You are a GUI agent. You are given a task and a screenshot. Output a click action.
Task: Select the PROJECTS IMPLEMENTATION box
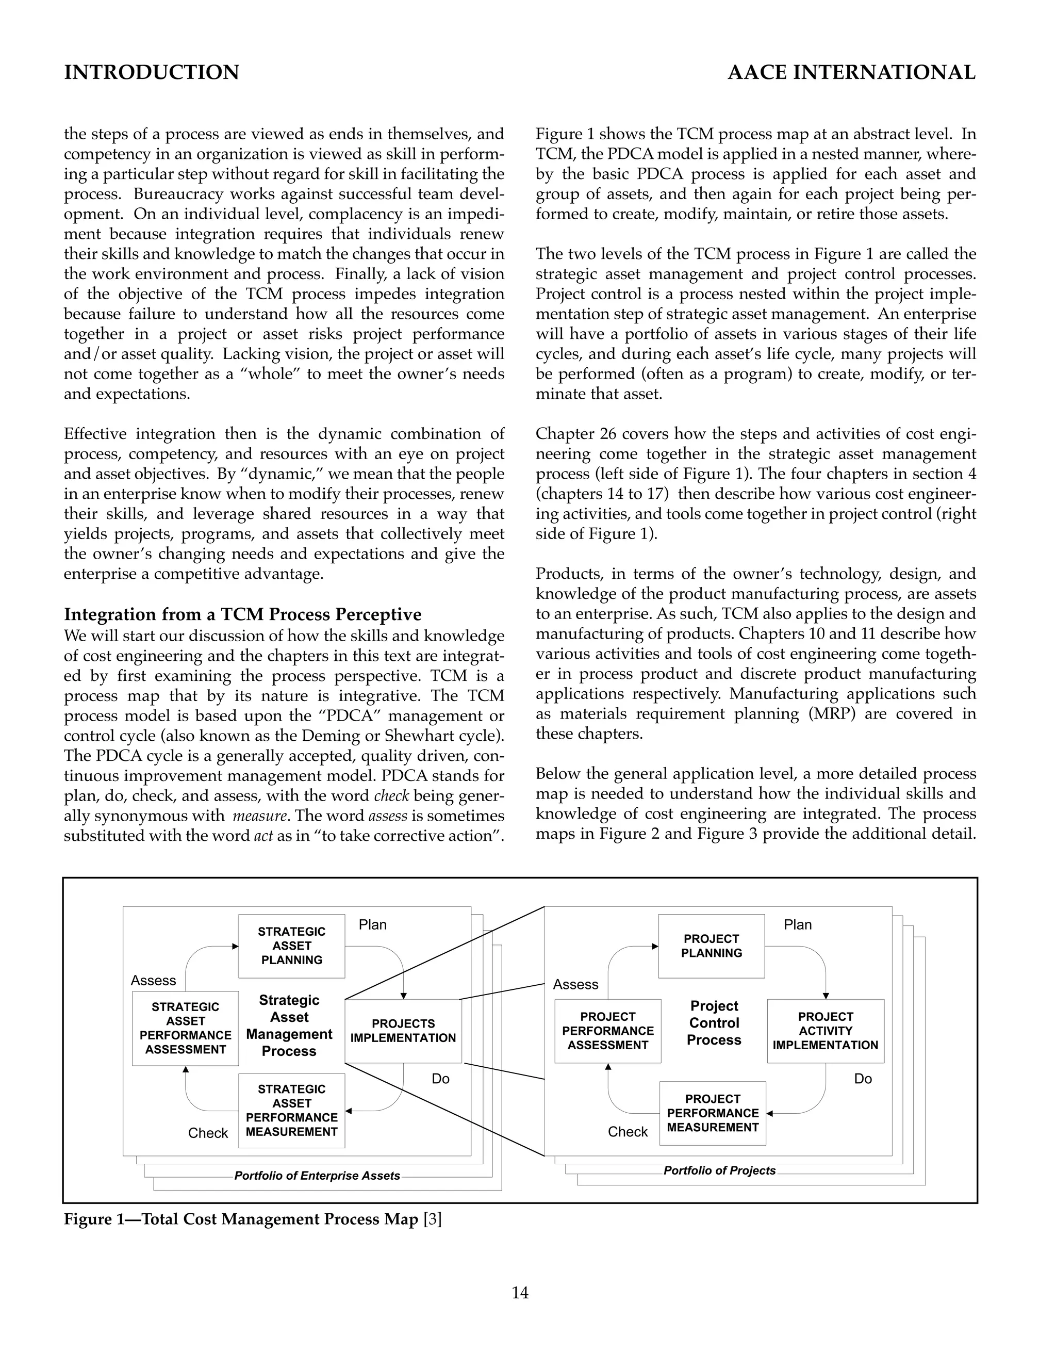[403, 1030]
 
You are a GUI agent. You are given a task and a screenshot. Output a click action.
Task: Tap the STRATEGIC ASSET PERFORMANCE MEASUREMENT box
[291, 1111]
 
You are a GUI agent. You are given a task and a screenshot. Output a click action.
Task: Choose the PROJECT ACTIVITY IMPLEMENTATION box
[825, 1030]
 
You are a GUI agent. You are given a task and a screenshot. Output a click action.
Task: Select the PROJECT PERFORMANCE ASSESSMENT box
[607, 1030]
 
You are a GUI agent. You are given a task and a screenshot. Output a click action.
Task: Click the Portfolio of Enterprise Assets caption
[317, 1176]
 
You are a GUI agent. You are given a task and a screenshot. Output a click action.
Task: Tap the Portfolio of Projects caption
[719, 1170]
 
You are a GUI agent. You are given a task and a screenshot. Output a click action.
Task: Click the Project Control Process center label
[714, 1023]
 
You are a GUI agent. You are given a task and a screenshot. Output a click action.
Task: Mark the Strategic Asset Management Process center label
[289, 1026]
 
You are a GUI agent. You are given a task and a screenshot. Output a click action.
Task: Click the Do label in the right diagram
[863, 1079]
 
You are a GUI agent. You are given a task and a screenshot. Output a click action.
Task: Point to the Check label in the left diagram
[208, 1133]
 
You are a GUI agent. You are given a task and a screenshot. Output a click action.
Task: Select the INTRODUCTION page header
[152, 73]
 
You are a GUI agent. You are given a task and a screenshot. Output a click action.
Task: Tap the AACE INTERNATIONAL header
[851, 73]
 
